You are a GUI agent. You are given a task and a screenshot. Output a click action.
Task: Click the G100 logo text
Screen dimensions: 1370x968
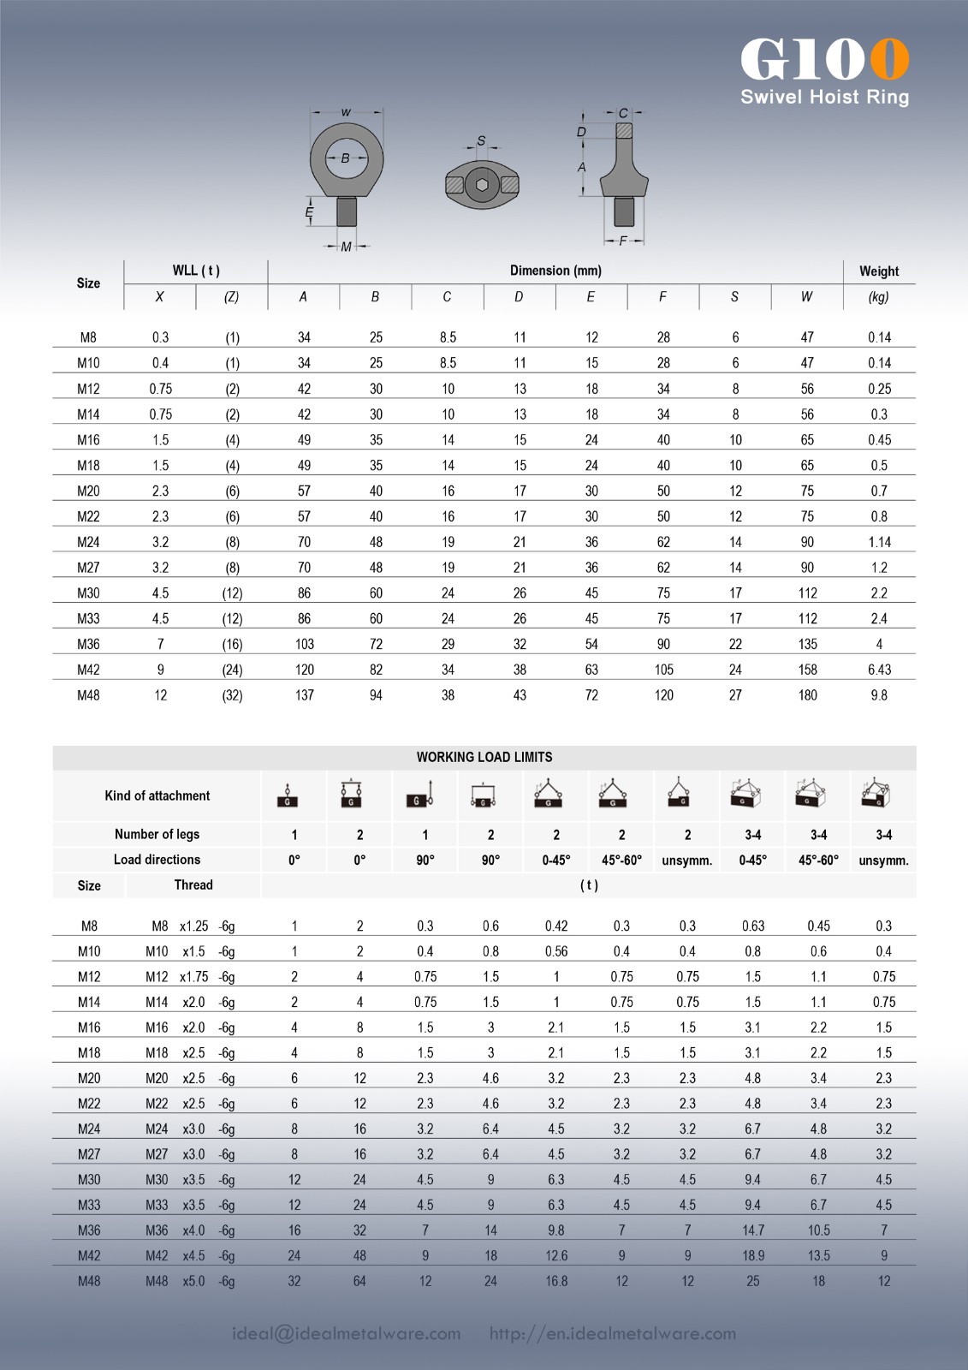(x=824, y=60)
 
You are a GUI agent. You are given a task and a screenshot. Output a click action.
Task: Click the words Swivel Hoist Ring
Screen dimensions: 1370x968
(x=824, y=97)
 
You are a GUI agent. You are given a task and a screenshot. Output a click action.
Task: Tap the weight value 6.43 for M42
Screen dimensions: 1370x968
(x=879, y=670)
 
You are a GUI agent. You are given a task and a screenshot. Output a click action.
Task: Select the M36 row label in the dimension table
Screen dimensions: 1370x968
(x=88, y=644)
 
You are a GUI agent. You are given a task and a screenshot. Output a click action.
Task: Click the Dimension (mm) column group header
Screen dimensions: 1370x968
(x=555, y=271)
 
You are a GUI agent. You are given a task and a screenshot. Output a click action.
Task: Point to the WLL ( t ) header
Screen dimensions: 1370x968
(x=196, y=271)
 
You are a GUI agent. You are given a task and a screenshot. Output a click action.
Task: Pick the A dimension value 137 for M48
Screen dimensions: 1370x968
(x=304, y=695)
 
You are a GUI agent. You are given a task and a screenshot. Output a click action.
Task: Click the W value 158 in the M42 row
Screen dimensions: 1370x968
(x=807, y=670)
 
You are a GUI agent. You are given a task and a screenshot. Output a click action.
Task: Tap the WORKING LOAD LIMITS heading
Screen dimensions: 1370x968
(x=484, y=757)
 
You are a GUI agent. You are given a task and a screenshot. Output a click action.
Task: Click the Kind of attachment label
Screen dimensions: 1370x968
(x=157, y=795)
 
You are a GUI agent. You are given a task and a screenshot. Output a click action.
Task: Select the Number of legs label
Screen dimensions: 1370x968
(x=157, y=834)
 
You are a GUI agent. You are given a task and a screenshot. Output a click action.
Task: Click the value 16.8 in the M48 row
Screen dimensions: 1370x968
(x=556, y=1281)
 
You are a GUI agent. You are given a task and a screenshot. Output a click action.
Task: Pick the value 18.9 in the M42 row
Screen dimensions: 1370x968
(x=752, y=1255)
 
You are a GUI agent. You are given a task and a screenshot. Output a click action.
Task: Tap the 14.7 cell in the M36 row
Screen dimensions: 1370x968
(x=752, y=1230)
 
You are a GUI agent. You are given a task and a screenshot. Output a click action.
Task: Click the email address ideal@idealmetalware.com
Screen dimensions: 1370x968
(x=347, y=1333)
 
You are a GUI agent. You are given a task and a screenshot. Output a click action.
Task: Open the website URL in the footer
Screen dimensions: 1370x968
(x=613, y=1333)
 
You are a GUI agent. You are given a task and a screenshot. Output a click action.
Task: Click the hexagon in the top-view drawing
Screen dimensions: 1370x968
(x=483, y=184)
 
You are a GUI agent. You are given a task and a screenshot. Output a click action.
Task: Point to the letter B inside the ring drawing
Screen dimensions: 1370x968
(x=346, y=158)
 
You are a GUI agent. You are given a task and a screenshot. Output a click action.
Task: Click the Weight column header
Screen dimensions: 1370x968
(x=879, y=271)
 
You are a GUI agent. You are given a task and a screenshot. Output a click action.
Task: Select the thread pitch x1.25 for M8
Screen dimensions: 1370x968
(x=194, y=926)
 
